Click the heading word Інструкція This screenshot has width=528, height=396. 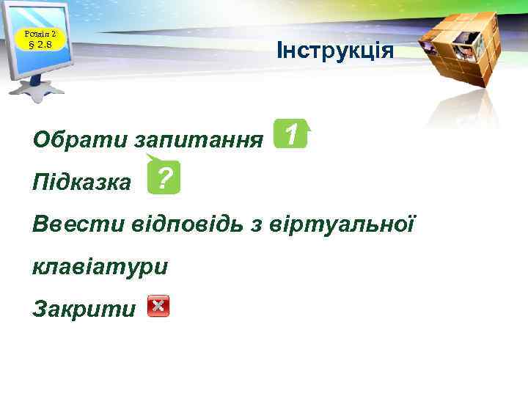click(335, 51)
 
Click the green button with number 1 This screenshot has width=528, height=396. click(291, 134)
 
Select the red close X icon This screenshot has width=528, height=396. click(158, 307)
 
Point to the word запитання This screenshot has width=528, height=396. click(200, 139)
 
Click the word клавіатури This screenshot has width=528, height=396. click(100, 265)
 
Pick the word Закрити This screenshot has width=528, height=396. click(84, 309)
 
